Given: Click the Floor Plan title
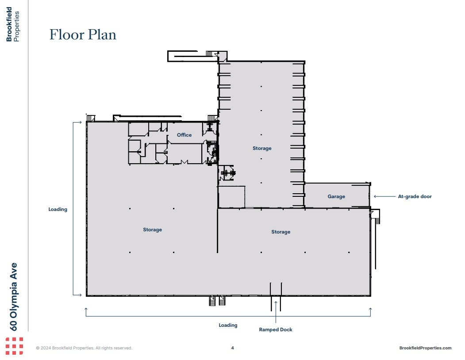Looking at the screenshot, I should click(83, 34).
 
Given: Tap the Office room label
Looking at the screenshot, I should click(184, 135).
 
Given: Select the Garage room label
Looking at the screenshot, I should click(336, 196).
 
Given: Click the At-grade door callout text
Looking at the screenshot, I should click(415, 196).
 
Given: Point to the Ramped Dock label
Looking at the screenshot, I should click(276, 329).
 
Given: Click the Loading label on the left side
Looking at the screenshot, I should click(58, 209).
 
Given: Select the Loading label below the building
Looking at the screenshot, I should click(228, 325).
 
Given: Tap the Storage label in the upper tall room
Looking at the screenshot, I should click(262, 148).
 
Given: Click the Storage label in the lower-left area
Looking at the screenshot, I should click(152, 230).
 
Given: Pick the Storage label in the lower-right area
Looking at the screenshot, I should click(281, 232).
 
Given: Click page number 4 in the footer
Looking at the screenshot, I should click(232, 348).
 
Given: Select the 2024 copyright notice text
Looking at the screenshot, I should click(84, 348).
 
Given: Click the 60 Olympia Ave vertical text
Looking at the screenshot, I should click(14, 296).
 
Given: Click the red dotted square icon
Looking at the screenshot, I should click(14, 346).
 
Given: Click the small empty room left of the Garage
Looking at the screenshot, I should click(232, 197).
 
